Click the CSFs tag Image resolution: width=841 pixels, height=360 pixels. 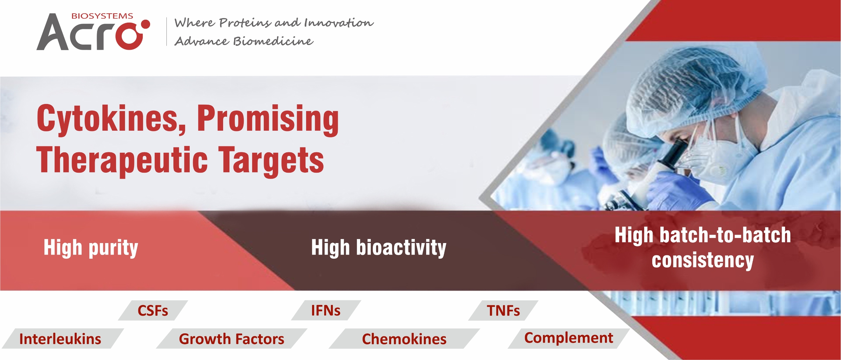point(153,311)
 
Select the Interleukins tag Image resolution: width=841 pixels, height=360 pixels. point(60,339)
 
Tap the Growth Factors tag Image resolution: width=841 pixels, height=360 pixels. point(231,339)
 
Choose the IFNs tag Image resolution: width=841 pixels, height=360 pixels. point(326,311)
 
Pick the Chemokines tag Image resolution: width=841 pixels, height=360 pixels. point(404,339)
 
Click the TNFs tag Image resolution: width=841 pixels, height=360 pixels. point(503,311)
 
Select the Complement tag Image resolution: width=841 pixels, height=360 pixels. point(569,338)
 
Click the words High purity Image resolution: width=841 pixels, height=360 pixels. point(91,248)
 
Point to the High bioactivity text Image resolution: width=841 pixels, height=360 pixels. point(378,248)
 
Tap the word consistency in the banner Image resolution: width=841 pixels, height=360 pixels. point(703,260)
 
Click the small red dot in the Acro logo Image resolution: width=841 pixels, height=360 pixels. point(146,24)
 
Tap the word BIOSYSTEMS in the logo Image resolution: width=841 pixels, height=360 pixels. point(102,16)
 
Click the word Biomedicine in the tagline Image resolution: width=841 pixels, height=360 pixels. point(273,41)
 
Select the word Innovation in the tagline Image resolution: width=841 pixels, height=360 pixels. point(339,23)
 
